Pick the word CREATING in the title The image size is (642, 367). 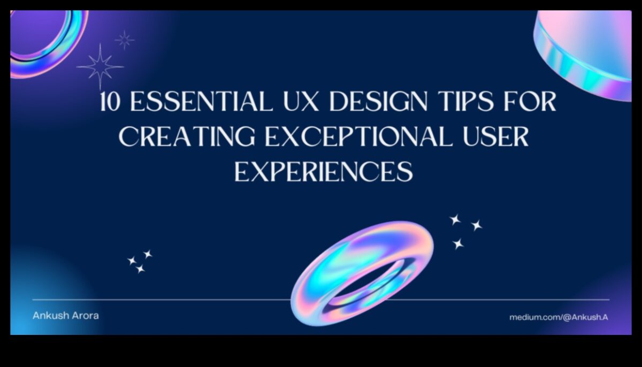pos(187,137)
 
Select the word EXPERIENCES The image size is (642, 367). pos(324,172)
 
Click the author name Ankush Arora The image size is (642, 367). pos(65,316)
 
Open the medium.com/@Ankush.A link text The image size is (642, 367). pos(558,317)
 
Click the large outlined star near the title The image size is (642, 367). pos(100,67)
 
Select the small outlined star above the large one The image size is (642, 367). pos(124,39)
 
